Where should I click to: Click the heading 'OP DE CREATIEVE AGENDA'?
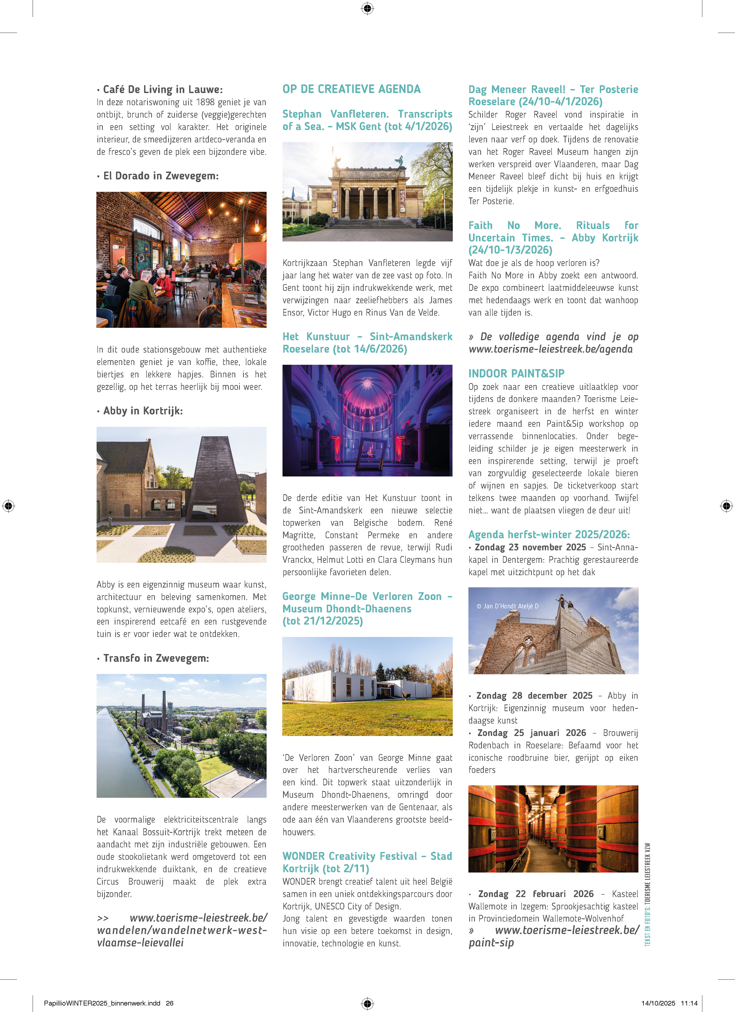351,89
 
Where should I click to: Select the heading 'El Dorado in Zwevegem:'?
161,176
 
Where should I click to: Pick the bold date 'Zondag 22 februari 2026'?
536,894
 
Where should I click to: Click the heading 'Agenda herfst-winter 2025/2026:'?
549,534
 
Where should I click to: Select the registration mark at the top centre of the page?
367,8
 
